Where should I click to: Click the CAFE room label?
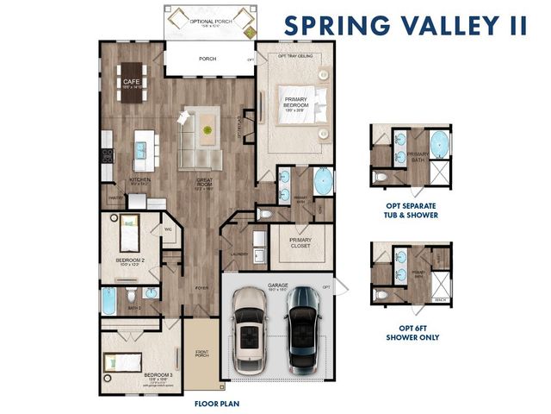point(131,82)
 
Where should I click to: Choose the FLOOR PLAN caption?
point(217,403)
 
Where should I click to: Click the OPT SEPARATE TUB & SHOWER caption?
point(412,210)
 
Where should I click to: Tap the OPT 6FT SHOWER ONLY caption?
point(412,333)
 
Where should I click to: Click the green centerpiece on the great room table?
point(207,130)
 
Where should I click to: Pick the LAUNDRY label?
point(240,254)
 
